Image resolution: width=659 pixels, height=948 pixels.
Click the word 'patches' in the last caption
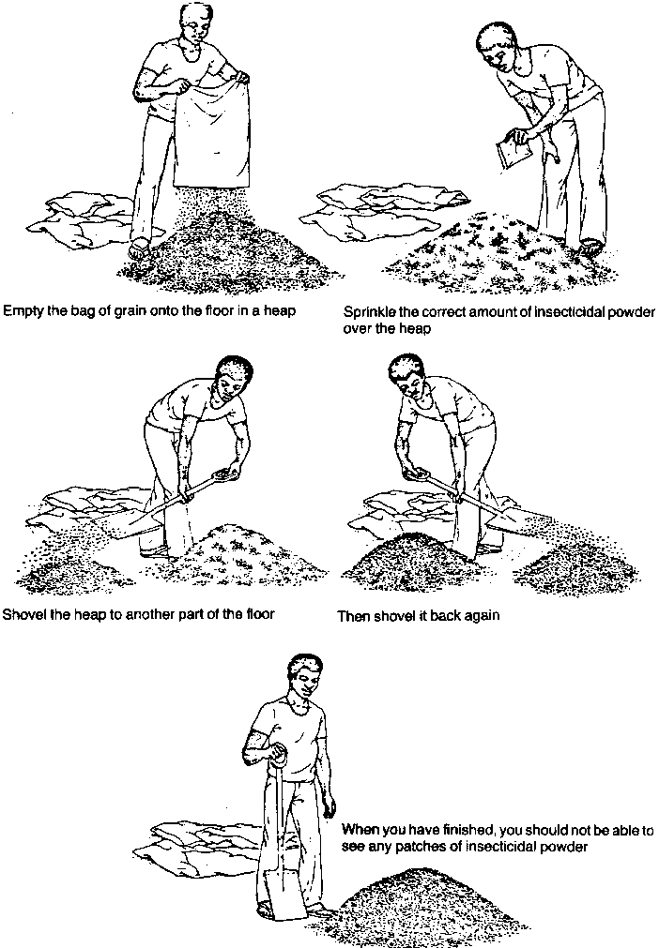click(417, 847)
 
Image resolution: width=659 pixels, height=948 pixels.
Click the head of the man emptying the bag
click(195, 26)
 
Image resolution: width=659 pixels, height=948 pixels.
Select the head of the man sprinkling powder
click(498, 48)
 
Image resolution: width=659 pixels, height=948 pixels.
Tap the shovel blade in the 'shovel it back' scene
click(519, 519)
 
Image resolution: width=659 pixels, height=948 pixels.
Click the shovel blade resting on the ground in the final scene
click(284, 895)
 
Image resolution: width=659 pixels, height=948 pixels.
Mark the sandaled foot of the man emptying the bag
click(139, 248)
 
